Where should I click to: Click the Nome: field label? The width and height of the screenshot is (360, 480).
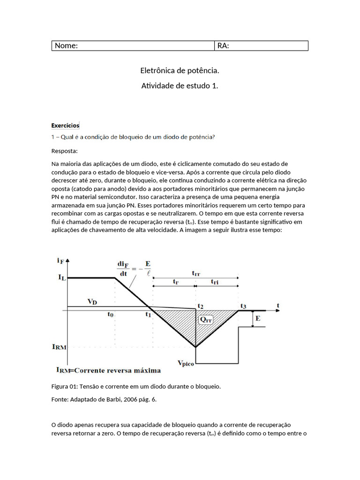(66, 45)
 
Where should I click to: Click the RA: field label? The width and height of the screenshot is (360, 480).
(223, 45)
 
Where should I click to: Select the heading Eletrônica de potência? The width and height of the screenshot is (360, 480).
(180, 71)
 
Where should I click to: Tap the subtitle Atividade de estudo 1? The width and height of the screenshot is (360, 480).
(180, 86)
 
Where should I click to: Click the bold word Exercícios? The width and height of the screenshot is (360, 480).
(65, 126)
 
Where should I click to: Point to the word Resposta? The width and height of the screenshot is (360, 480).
(65, 151)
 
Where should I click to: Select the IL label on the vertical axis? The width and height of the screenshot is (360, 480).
(62, 277)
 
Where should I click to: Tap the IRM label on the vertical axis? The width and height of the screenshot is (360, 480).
(60, 347)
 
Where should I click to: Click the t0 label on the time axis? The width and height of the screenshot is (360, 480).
(110, 315)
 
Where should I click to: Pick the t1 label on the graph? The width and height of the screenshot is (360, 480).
(148, 315)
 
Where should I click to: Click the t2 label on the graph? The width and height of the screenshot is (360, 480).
(200, 306)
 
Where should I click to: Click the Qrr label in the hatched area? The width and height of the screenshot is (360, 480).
(205, 320)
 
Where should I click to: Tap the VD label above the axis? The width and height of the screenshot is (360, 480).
(93, 301)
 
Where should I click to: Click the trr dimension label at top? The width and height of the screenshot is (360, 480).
(197, 273)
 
